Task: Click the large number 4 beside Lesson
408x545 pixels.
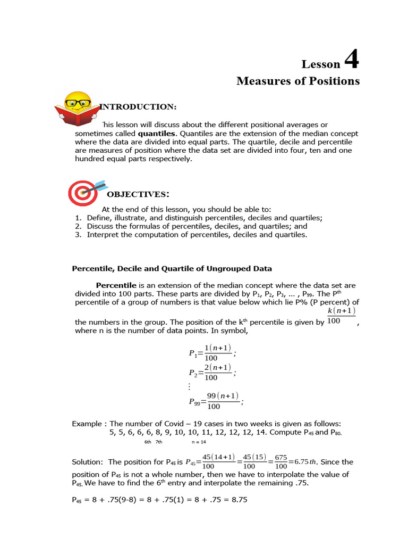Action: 352,60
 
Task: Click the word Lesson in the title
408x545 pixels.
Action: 321,64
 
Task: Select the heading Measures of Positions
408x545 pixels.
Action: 297,81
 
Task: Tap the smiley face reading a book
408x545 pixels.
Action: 78,108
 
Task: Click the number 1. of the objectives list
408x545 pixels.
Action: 78,218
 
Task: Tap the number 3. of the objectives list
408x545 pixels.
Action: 78,234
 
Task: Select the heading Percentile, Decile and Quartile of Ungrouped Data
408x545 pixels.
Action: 172,268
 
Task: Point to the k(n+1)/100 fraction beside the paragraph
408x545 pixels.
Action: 341,316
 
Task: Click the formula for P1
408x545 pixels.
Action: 212,353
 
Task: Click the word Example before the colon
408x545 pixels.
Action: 87,424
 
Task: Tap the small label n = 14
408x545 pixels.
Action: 199,442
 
